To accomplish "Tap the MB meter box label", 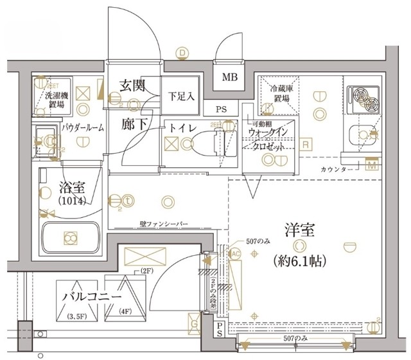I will point(229,78).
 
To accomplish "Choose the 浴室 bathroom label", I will point(69,190).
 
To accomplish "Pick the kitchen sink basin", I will point(363,136).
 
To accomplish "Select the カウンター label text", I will point(335,169).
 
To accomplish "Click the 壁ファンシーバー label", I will point(163,224).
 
